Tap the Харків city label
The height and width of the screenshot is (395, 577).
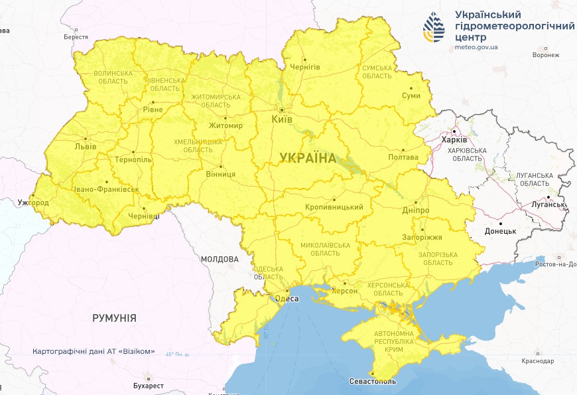point(454,140)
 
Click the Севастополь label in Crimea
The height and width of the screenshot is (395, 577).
point(372,382)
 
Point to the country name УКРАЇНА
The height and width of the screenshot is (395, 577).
point(308,158)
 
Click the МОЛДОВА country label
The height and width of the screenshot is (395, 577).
point(219,259)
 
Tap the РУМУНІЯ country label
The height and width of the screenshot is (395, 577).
point(114,319)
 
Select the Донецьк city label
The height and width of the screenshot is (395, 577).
point(500,231)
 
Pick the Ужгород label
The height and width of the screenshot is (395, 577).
point(34,202)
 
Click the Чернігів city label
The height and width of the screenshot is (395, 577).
point(305,68)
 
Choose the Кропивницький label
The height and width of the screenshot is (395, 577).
point(334,207)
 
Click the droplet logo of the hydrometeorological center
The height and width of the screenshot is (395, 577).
point(435,26)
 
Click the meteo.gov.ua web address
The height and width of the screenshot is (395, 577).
point(476,48)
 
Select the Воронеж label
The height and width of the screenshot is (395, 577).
point(546,55)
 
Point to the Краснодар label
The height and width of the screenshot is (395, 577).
point(537,360)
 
